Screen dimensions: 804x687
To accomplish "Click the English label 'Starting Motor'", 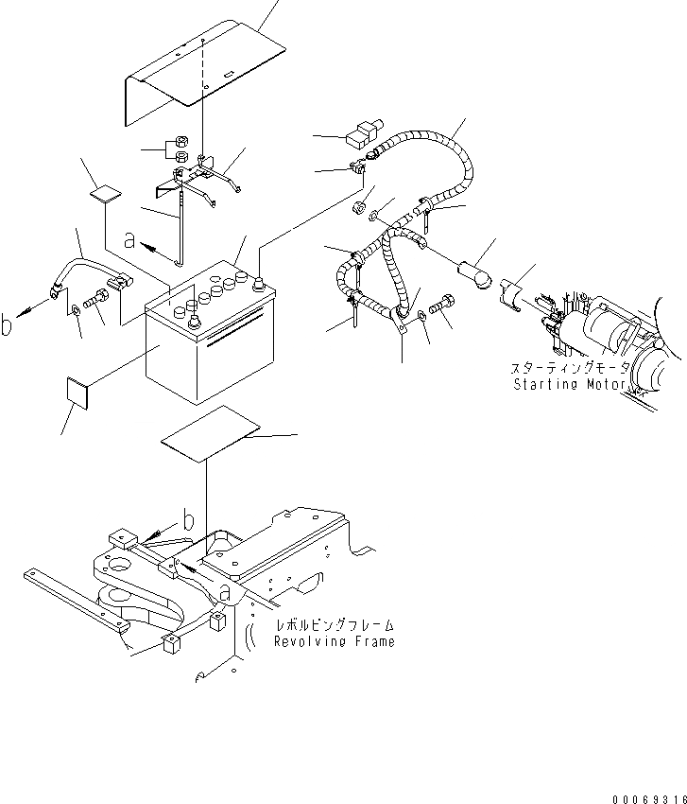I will click(x=570, y=385).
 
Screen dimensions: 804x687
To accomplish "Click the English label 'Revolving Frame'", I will click(x=334, y=641).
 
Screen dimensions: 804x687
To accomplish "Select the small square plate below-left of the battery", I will click(x=77, y=393).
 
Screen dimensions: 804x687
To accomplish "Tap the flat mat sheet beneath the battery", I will click(x=210, y=434).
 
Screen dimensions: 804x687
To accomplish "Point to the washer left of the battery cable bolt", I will click(x=74, y=309).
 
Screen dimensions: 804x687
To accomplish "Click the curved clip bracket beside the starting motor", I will click(x=516, y=290).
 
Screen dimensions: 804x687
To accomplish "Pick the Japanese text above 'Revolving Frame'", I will click(x=334, y=625).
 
